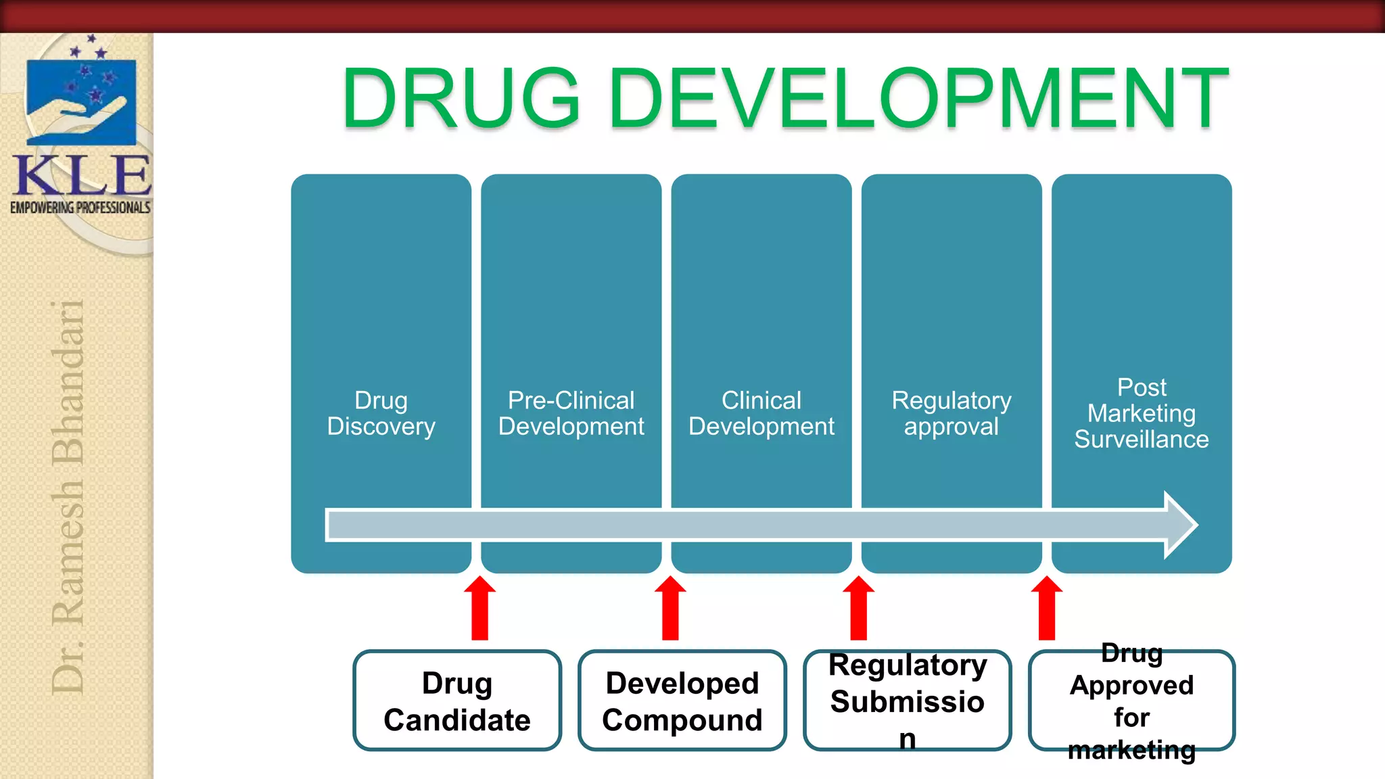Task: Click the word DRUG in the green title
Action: (x=461, y=98)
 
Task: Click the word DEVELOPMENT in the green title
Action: (x=919, y=98)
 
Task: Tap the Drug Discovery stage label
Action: (x=381, y=413)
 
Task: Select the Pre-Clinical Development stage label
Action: (x=571, y=413)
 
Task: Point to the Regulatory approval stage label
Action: (x=952, y=413)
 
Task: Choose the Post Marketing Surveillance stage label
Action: (x=1142, y=413)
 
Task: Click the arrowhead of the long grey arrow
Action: (x=1181, y=525)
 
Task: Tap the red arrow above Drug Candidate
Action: (x=480, y=608)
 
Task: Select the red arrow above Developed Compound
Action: (x=670, y=608)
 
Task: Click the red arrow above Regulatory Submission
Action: (x=859, y=608)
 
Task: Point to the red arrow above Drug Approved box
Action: (x=1047, y=608)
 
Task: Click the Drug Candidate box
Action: (x=457, y=701)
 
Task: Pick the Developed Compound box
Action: (x=682, y=701)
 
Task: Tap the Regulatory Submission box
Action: (x=908, y=701)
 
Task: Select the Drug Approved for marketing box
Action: (x=1132, y=701)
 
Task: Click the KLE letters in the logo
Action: (x=82, y=175)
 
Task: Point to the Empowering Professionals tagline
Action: (x=80, y=208)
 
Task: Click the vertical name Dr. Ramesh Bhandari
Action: (x=68, y=497)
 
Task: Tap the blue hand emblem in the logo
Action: (x=81, y=102)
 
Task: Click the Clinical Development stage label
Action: (x=761, y=413)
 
